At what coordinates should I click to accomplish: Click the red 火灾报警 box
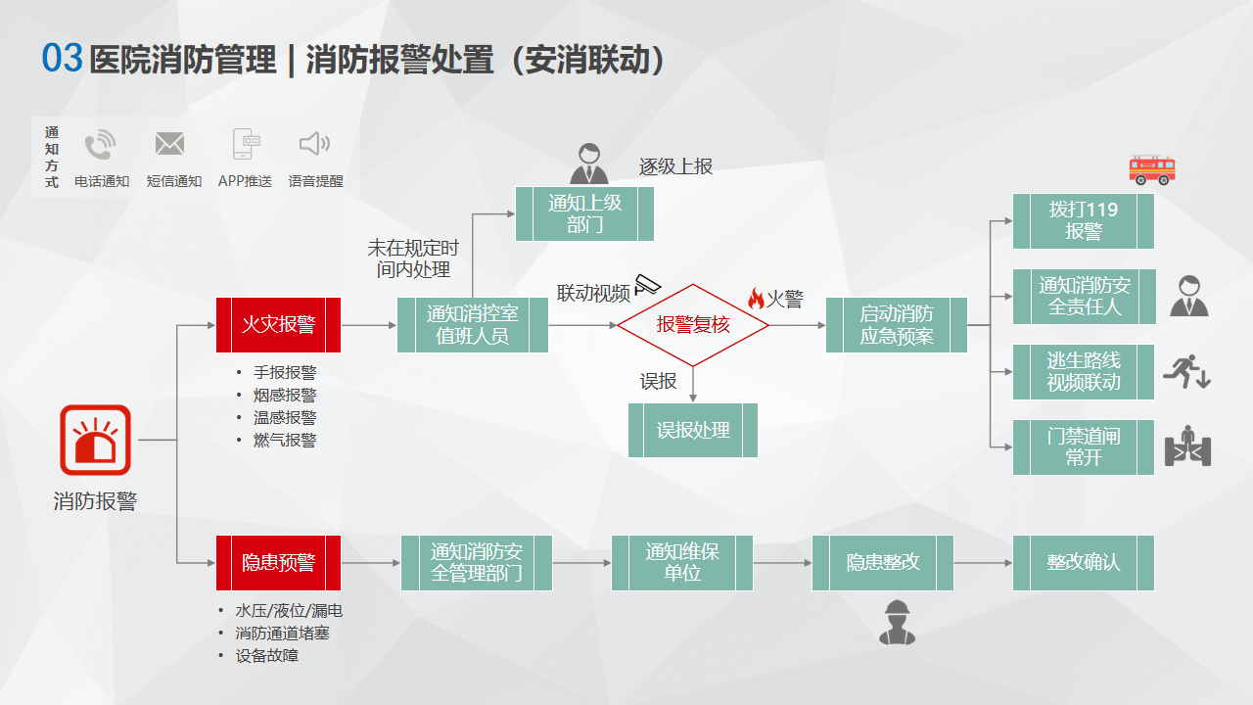point(278,325)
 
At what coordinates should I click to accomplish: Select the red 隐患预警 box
point(278,563)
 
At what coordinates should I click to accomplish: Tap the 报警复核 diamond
point(693,325)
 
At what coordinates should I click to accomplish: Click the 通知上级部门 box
point(584,213)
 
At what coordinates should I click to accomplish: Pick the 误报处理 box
point(693,430)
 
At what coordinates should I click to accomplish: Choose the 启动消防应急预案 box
point(896,325)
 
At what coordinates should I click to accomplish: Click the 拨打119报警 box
point(1083,221)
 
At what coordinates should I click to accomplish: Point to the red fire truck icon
point(1152,170)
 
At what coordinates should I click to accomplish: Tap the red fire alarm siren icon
point(96,440)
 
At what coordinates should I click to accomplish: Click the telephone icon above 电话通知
point(100,144)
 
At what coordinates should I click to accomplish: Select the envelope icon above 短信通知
point(170,144)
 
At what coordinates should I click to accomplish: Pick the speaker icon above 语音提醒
point(314,144)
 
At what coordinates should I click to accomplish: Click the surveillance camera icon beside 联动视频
point(648,284)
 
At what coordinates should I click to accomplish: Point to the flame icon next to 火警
point(756,299)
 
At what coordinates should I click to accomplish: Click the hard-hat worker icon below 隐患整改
point(897,622)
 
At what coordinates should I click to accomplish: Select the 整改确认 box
point(1083,563)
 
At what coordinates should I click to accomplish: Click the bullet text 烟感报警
point(285,395)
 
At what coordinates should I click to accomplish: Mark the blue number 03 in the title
point(62,58)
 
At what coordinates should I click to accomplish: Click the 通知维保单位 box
point(682,563)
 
